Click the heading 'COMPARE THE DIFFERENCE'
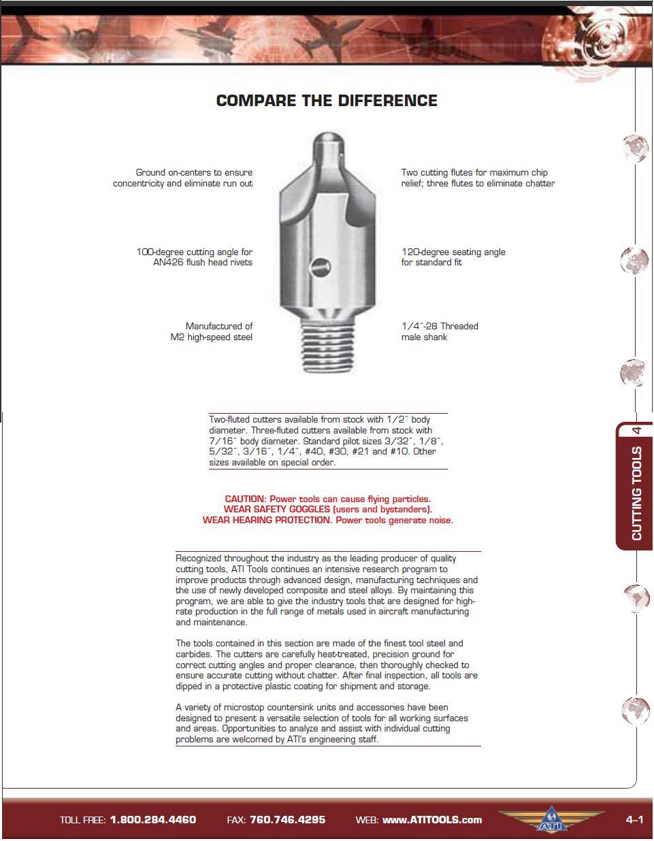pos(327,101)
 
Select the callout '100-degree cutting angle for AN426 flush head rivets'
pos(194,257)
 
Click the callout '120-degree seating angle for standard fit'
pos(453,257)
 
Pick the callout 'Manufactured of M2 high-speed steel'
pos(211,331)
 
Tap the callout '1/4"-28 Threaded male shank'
pos(440,331)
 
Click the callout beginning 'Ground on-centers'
pos(182,178)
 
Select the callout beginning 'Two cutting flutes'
pos(478,178)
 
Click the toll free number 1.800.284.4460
pos(152,819)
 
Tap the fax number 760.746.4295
pos(287,819)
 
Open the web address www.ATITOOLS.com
pos(432,820)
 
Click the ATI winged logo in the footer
pos(551,819)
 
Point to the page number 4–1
pos(634,819)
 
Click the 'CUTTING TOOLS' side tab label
pos(637,493)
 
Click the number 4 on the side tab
pos(637,430)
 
